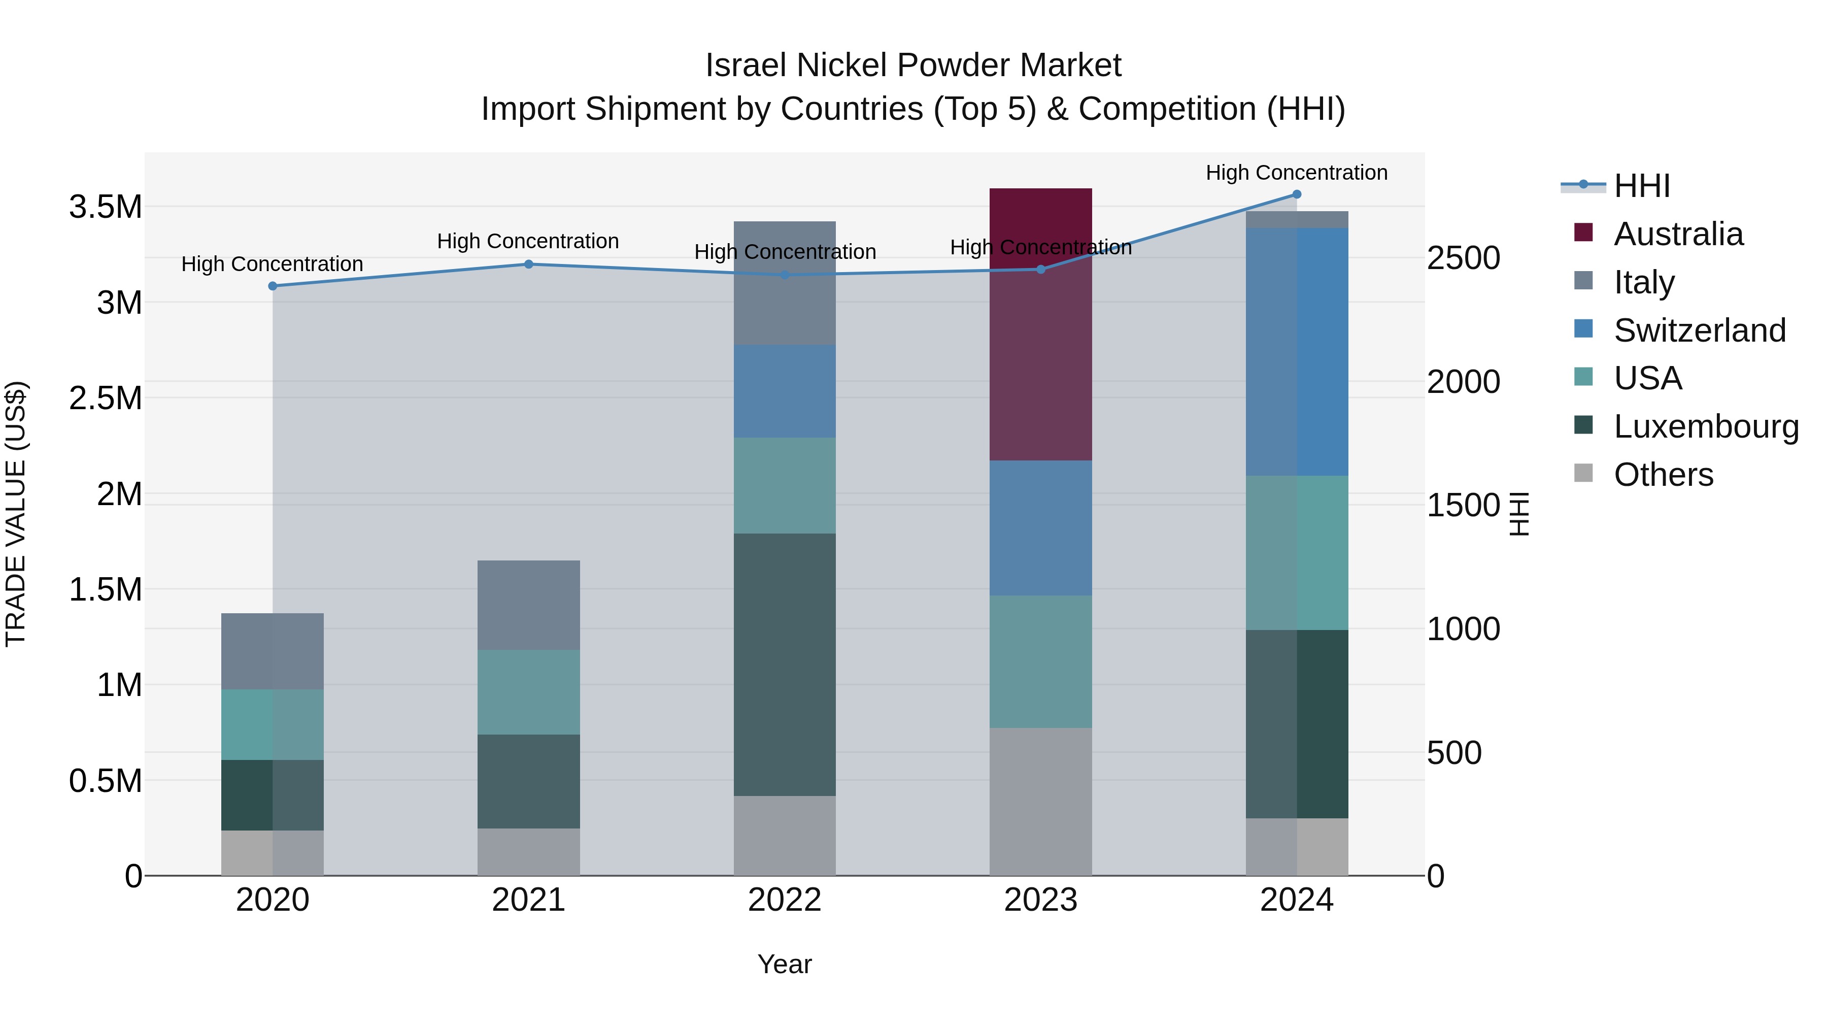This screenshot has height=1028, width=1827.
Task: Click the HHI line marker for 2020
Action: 273,286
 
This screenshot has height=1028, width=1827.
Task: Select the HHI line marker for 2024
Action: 1297,194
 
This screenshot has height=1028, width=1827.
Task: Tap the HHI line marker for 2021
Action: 528,264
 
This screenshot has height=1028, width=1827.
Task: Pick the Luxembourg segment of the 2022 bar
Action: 785,664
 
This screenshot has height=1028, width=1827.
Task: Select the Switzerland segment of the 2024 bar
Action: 1297,351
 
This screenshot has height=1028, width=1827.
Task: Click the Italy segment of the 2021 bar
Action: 528,605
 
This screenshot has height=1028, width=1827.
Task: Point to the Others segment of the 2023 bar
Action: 1040,801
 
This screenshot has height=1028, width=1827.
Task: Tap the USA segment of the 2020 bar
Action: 273,724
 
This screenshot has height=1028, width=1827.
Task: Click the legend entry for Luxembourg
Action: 1706,426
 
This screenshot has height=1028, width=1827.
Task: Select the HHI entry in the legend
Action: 1641,186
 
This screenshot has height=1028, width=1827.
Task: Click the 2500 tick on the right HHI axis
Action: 1463,258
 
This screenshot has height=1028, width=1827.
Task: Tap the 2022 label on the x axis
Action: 785,900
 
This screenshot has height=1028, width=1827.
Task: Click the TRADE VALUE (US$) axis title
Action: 16,514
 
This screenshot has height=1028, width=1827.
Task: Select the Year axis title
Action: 785,964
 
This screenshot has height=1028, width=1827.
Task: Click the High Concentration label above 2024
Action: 1297,173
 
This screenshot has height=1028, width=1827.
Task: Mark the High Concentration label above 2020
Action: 273,264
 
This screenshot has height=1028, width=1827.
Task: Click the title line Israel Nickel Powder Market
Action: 913,65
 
